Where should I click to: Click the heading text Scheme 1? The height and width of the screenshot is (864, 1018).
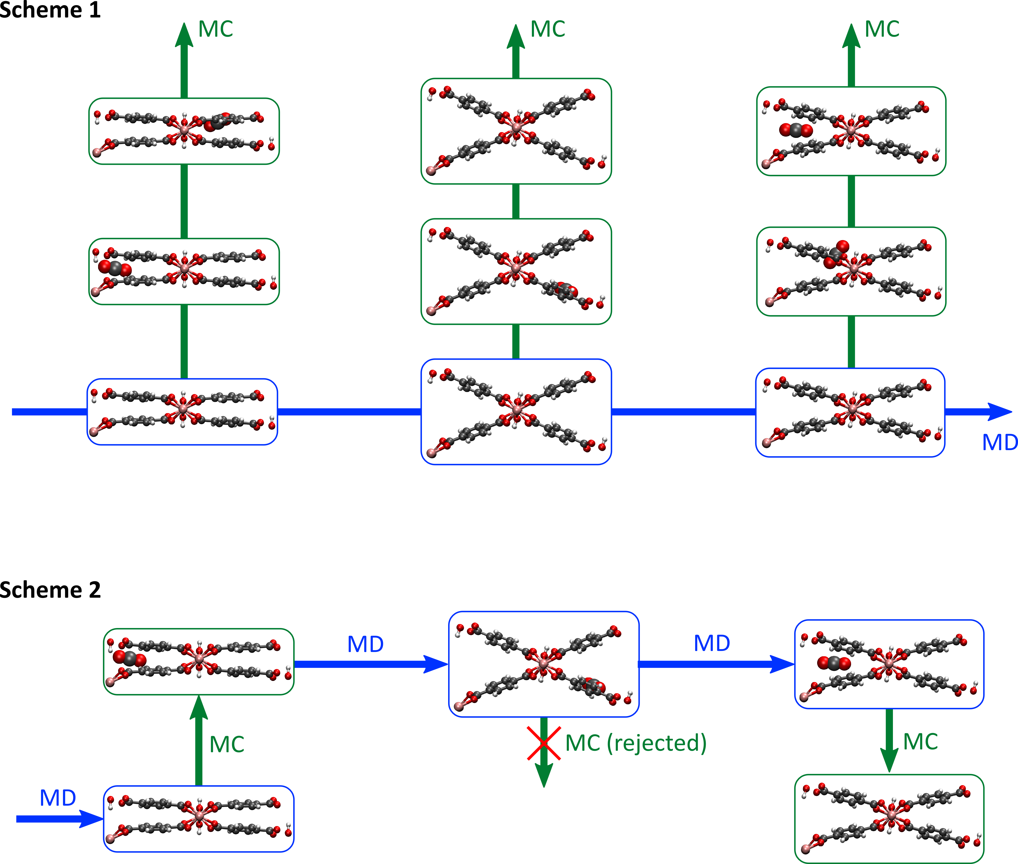coord(50,10)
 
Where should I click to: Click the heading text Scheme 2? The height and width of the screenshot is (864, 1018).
coord(50,590)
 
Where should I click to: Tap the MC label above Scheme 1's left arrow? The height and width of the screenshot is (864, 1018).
coord(215,29)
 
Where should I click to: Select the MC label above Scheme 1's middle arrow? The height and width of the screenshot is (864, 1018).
coord(548,29)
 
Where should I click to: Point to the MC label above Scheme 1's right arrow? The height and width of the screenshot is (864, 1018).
coord(882,29)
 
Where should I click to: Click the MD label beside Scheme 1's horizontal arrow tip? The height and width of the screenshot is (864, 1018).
coord(1000,443)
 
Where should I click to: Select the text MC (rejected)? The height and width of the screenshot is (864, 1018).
coord(635,743)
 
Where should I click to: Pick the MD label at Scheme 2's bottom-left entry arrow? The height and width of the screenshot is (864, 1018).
coord(58,798)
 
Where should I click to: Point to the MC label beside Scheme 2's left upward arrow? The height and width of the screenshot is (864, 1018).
coord(227,745)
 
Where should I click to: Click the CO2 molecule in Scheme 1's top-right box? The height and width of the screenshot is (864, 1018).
coord(796,130)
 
